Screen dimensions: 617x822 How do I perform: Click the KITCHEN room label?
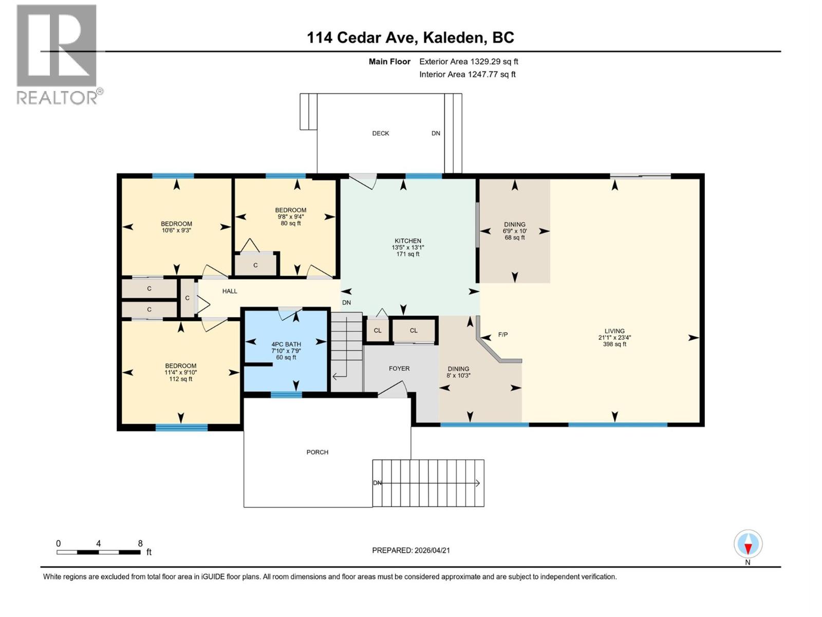(407, 241)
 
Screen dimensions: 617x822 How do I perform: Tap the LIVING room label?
(614, 331)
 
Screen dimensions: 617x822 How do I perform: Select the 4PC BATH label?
(286, 344)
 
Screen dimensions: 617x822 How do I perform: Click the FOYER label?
(399, 369)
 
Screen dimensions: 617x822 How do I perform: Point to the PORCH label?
(317, 452)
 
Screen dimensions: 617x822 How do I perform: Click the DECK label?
(380, 134)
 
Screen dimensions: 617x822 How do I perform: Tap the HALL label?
(230, 291)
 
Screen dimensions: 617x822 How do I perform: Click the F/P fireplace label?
(503, 335)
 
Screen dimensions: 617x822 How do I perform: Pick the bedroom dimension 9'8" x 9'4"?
(290, 216)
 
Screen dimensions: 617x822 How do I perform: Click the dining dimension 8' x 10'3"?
(458, 375)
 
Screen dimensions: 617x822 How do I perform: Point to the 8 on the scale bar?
(140, 543)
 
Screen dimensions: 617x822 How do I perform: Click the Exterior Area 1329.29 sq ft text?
(468, 62)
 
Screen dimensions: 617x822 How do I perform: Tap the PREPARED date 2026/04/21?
(410, 550)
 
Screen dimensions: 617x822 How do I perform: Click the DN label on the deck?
(436, 134)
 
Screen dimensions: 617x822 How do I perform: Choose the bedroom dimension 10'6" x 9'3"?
(176, 230)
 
